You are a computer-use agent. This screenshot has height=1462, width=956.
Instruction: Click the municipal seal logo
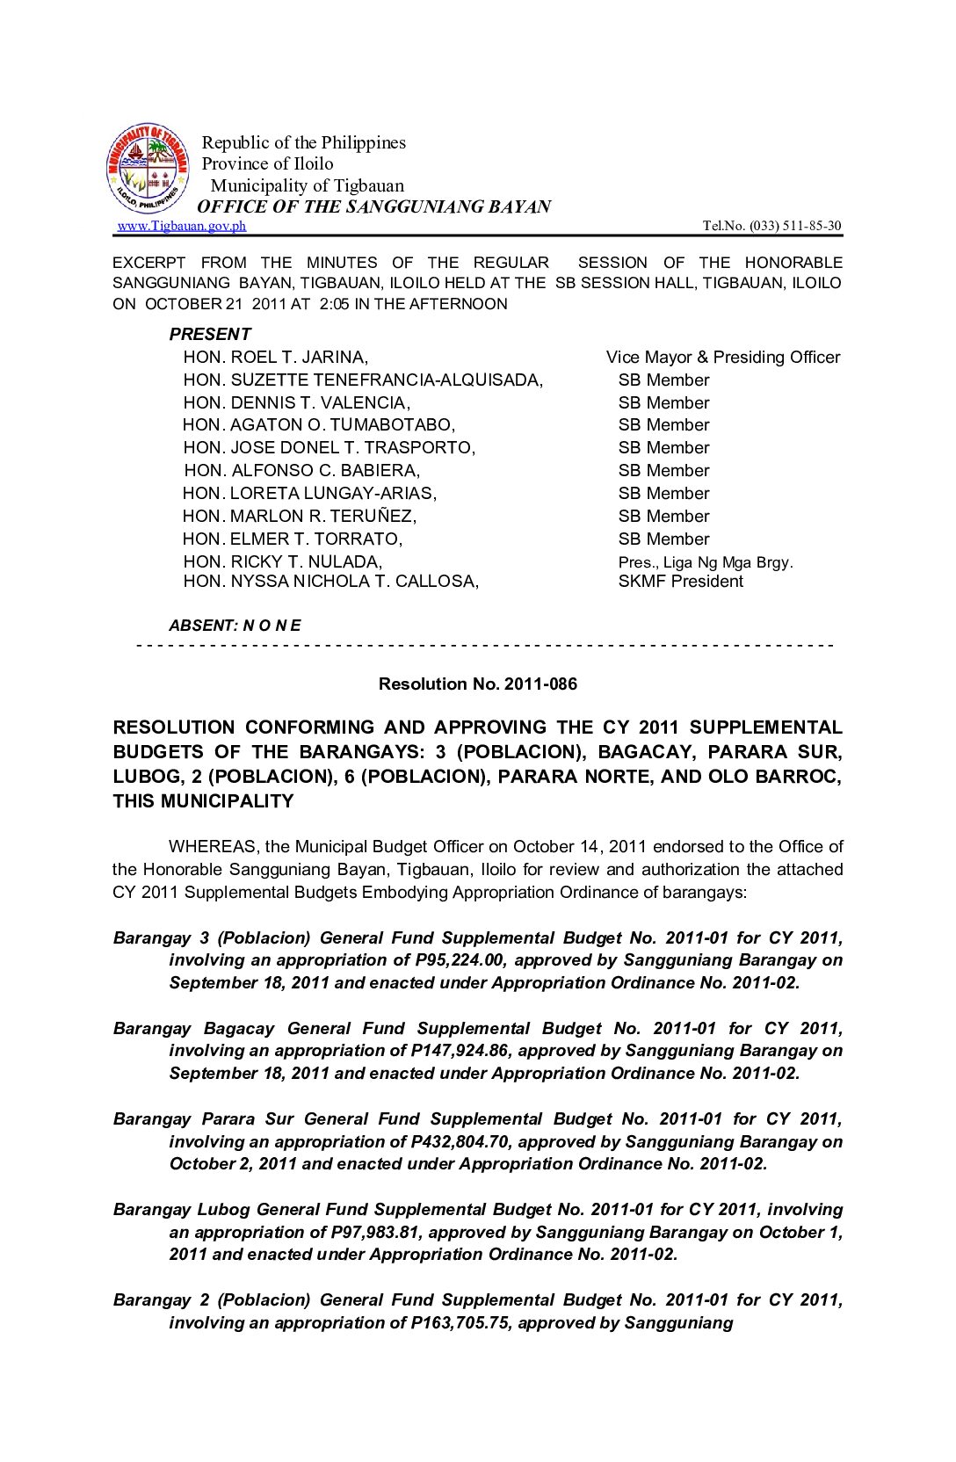[148, 168]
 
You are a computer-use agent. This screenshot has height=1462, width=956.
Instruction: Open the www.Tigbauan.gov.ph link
[182, 226]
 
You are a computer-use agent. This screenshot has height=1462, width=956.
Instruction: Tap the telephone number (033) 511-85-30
[794, 226]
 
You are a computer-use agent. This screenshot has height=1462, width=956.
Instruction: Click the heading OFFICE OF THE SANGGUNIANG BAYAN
[374, 206]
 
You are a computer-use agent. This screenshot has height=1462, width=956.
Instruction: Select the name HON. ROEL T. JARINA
[275, 357]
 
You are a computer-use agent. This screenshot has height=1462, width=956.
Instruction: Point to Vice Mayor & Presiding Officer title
[722, 357]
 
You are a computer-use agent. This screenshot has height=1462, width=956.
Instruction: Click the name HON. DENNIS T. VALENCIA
[296, 402]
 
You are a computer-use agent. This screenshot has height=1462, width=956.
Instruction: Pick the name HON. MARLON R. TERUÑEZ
[300, 516]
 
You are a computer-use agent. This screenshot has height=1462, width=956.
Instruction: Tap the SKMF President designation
[680, 581]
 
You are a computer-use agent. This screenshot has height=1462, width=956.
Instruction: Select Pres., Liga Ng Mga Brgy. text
[705, 562]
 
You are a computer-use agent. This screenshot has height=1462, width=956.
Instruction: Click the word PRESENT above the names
[210, 334]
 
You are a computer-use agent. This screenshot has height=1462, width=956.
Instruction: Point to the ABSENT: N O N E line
[235, 626]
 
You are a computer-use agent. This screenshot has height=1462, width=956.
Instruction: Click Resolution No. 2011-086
[477, 684]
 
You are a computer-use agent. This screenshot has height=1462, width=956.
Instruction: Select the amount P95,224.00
[460, 959]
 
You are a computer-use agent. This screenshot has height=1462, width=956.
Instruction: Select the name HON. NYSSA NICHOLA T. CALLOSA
[330, 581]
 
